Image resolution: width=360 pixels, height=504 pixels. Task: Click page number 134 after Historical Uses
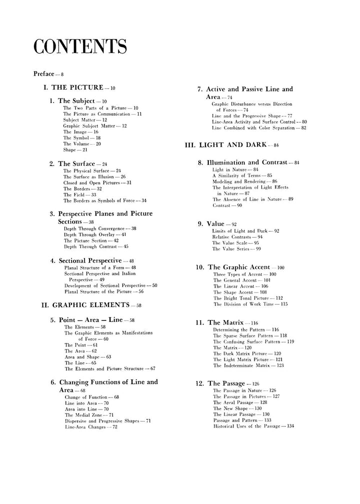[301, 426]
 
